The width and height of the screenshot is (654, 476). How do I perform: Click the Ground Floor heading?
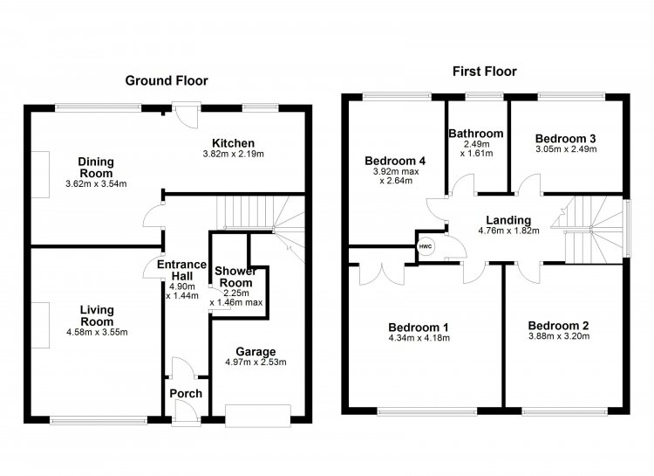coord(167,80)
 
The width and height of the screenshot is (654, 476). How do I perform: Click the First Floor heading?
coord(485,72)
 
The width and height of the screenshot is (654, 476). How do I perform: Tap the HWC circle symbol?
coord(426,246)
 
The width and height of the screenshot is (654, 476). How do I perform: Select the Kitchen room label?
coord(233,143)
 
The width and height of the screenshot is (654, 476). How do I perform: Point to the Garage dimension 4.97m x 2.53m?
coord(255,362)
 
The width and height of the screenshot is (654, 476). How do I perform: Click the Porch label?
coord(186,393)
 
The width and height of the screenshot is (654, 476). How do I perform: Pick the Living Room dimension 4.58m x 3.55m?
coord(97,333)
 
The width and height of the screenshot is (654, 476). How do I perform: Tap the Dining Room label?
coord(96,167)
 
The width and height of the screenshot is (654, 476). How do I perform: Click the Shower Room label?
coord(235,277)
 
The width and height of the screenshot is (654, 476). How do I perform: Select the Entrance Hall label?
coord(182,270)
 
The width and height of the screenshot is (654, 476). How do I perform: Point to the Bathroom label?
coord(476,134)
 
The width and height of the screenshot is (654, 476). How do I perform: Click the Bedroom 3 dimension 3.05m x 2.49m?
coord(566,149)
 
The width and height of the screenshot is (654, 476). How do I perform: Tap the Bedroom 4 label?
coord(395,161)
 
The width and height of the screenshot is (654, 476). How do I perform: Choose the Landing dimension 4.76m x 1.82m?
coord(508,231)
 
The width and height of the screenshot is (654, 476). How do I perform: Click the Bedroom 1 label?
coord(419,328)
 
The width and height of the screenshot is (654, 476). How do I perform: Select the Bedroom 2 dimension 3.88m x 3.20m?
coord(559,336)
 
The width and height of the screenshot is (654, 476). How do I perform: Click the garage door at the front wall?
coord(258,416)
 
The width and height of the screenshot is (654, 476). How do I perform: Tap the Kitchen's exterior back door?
coord(187,116)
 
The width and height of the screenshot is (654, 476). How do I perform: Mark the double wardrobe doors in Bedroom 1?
coord(382,274)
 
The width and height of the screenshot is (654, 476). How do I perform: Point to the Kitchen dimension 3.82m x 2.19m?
coord(233,154)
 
